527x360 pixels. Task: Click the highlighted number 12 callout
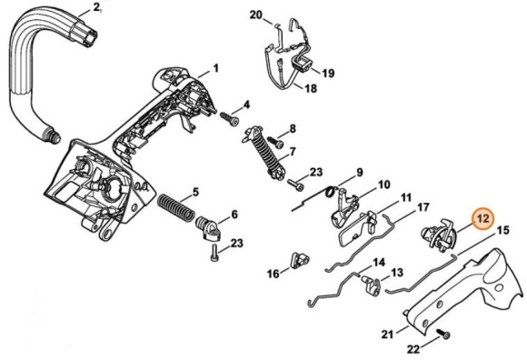tap(483, 218)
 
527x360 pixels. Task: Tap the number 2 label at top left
tap(96, 7)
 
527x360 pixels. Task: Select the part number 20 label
tap(255, 15)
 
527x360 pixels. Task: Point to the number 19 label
tap(328, 73)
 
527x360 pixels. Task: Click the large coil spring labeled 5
tap(176, 206)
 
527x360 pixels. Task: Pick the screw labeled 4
tap(229, 118)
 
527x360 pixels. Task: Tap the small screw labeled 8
tap(275, 142)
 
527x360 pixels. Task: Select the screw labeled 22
tap(444, 335)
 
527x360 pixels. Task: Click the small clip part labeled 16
tap(300, 260)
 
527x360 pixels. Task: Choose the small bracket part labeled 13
tap(371, 285)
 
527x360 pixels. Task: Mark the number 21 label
tap(387, 335)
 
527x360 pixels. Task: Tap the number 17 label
tap(423, 207)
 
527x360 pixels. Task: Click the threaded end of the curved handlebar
tap(52, 135)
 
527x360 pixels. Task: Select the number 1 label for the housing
tap(215, 68)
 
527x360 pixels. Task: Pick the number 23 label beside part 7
tap(316, 173)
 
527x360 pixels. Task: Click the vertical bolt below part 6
tap(215, 253)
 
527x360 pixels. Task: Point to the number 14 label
tap(379, 262)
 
